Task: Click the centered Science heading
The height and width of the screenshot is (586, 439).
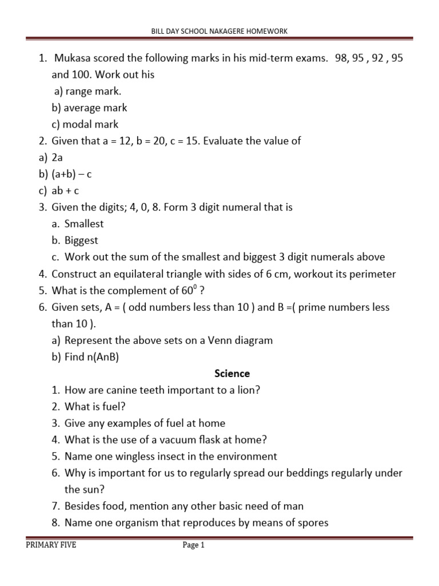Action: pos(232,373)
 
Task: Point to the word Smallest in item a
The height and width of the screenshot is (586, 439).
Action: pos(84,224)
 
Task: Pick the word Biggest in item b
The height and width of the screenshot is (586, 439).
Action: pos(81,240)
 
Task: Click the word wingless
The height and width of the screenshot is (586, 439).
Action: pos(139,456)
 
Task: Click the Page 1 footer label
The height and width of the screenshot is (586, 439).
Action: pos(193,545)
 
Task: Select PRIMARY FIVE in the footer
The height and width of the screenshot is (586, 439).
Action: pos(51,545)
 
